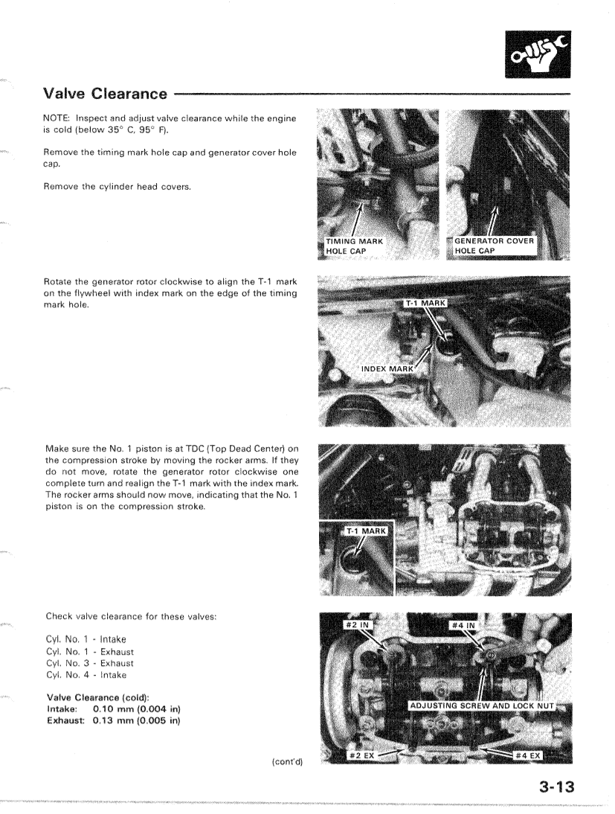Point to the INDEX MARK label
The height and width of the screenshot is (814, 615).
click(x=387, y=368)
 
